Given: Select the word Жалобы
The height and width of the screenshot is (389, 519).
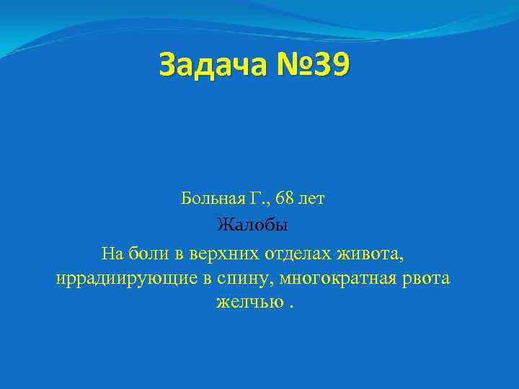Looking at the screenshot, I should [253, 225].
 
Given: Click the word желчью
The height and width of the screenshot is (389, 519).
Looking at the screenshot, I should [249, 303].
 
